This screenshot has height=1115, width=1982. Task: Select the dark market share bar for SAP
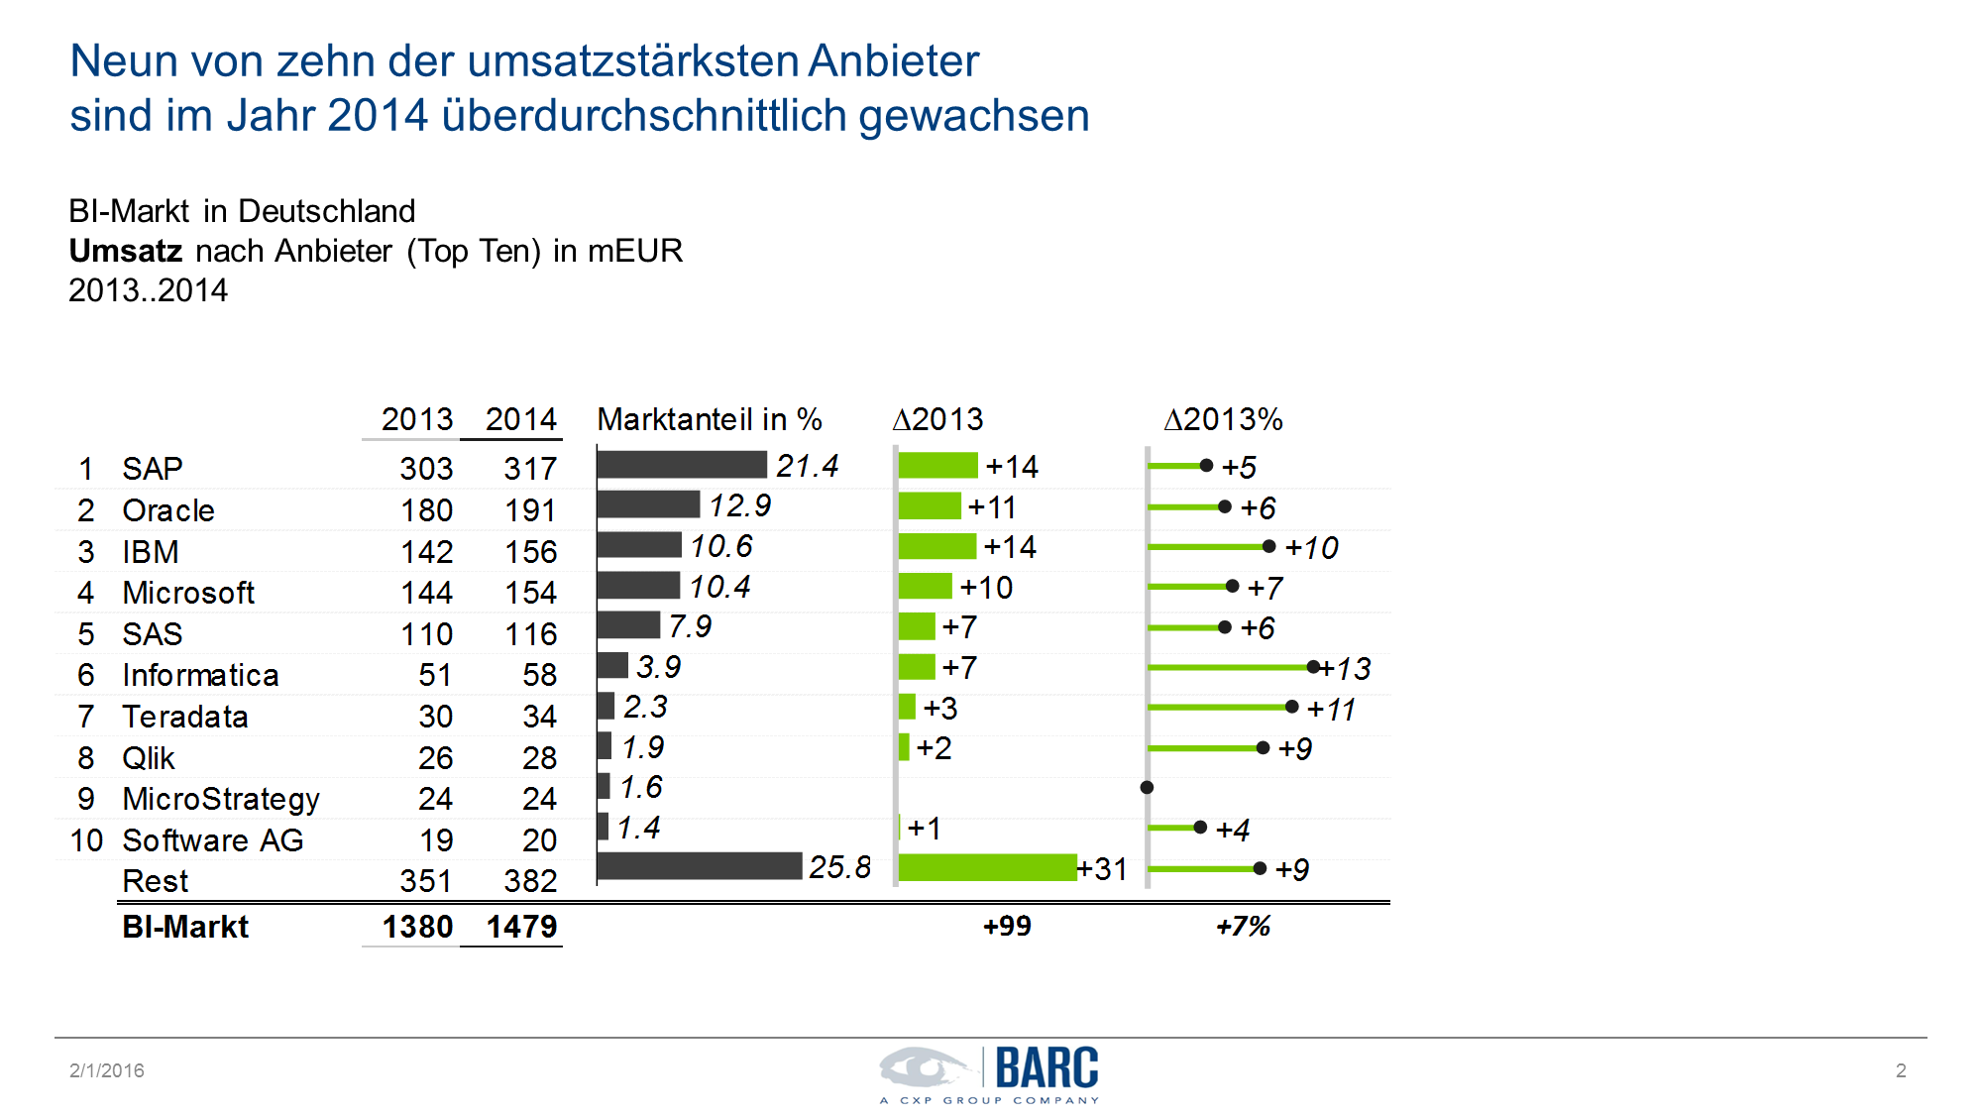point(682,465)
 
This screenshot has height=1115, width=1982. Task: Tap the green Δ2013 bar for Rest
point(987,867)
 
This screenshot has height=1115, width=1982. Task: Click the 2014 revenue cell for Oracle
point(530,510)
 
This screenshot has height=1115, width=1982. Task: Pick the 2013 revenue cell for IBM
point(426,552)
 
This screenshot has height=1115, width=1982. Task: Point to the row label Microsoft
point(188,593)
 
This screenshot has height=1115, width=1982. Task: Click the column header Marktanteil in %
point(710,419)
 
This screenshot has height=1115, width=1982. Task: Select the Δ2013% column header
point(1223,419)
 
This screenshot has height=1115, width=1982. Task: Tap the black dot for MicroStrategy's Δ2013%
point(1147,787)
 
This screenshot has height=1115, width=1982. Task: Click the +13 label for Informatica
point(1347,669)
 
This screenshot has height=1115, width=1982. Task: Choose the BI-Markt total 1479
point(521,927)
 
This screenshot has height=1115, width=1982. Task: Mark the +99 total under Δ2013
point(1007,926)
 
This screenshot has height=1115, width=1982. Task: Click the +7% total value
point(1243,926)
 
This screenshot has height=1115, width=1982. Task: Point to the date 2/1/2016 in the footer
point(107,1070)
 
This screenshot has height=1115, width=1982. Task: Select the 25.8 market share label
point(839,867)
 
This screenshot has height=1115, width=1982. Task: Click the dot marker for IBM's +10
point(1268,546)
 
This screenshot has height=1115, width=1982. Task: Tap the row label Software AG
point(212,840)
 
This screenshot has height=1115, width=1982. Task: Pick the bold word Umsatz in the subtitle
point(126,251)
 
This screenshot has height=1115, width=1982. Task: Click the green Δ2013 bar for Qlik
point(904,747)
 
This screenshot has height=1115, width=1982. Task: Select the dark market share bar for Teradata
point(606,706)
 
